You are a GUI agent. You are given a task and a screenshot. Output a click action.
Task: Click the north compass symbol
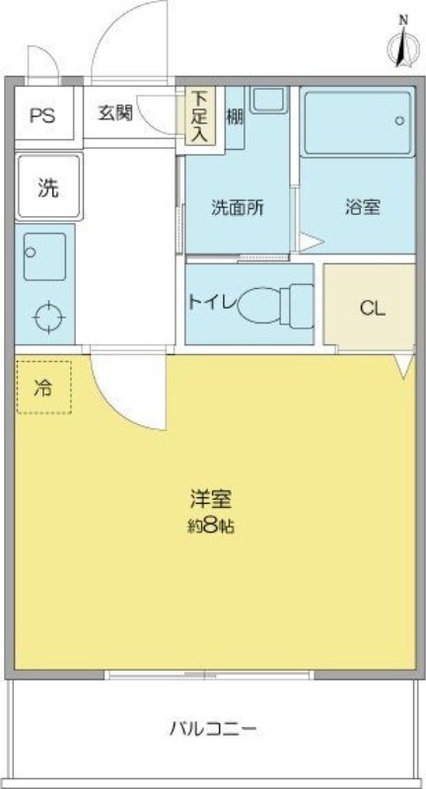(403, 44)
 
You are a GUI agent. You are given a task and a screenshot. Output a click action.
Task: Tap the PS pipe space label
(42, 115)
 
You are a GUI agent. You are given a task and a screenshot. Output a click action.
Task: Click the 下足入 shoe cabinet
(200, 116)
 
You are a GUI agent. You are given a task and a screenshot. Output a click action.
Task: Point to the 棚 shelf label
(235, 117)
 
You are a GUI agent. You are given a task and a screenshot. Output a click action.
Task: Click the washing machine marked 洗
(48, 186)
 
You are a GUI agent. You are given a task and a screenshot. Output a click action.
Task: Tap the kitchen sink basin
(44, 256)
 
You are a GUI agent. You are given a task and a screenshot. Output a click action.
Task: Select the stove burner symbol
(48, 318)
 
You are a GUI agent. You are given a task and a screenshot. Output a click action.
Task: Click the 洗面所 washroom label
(238, 208)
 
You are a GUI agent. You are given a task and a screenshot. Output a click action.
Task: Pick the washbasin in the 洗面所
(268, 101)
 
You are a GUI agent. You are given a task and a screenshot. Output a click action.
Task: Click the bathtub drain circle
(399, 120)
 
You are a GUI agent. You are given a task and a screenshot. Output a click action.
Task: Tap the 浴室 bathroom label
(362, 207)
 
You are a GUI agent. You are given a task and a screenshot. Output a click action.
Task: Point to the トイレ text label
(211, 302)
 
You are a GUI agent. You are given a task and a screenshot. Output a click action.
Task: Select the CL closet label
(372, 309)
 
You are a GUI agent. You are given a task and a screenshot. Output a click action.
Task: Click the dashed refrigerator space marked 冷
(43, 387)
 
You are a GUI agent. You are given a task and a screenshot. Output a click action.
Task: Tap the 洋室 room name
(211, 499)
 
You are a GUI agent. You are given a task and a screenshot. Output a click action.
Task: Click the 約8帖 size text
(211, 527)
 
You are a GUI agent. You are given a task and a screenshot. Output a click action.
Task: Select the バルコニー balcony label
(213, 728)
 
